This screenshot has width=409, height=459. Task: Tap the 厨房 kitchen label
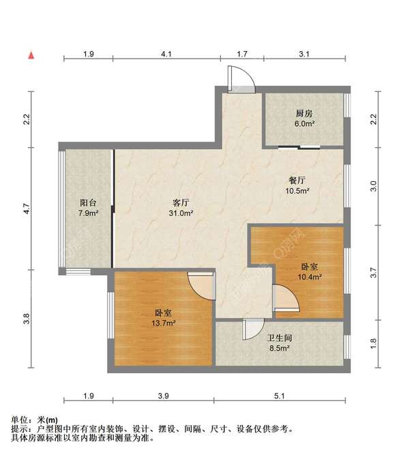click(305, 114)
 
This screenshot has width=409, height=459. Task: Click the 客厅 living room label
click(181, 203)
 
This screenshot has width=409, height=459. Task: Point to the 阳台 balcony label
click(88, 203)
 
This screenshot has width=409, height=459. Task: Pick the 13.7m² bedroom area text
click(163, 323)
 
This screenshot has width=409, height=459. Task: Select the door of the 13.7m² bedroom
click(201, 285)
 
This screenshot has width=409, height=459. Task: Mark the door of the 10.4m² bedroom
click(285, 298)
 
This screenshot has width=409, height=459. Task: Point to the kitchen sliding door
click(298, 146)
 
